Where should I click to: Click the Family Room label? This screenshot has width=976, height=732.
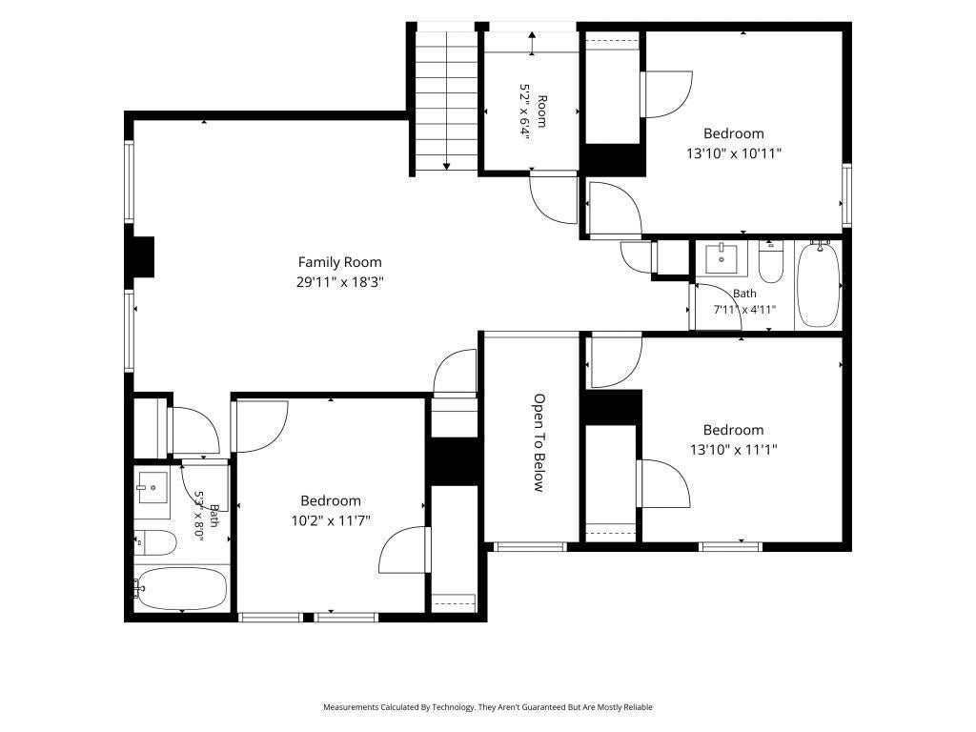pos(339,262)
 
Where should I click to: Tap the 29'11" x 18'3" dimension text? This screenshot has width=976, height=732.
pos(339,282)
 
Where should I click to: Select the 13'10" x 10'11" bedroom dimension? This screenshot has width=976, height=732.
pos(733,153)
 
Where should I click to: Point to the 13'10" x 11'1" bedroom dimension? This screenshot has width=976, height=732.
pos(733,450)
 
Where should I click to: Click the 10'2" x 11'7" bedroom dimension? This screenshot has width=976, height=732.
pos(331,520)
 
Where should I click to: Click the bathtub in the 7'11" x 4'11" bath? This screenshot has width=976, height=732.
pos(819,284)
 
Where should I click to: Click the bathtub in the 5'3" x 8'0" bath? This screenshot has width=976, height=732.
pos(182,588)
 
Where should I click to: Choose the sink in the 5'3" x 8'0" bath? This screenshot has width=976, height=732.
pos(152,487)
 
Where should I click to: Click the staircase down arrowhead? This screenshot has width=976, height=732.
pos(446,166)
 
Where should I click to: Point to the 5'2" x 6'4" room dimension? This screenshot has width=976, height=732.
pos(524,112)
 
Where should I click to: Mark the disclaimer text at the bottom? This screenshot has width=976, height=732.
pos(487,707)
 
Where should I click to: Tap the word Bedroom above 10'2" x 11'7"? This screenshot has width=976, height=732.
pos(331,501)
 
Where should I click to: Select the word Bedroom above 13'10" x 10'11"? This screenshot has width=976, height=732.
pos(733,133)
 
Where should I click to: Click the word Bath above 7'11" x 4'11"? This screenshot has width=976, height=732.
pos(744,294)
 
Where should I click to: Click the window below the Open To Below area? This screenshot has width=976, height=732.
pos(530,547)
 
